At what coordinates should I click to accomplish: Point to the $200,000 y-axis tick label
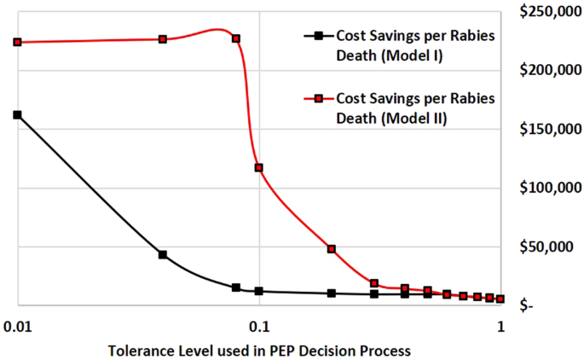pyautogui.click(x=546, y=70)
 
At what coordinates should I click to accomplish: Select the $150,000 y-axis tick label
pyautogui.click(x=546, y=129)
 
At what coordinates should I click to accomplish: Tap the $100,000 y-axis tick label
pyautogui.click(x=546, y=188)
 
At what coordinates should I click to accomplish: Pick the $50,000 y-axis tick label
pyautogui.click(x=549, y=247)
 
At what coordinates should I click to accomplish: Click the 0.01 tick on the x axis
pyautogui.click(x=17, y=327)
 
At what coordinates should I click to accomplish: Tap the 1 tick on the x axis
pyautogui.click(x=501, y=327)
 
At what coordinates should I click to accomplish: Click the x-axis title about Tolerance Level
pyautogui.click(x=259, y=351)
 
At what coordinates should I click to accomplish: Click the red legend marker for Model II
pyautogui.click(x=318, y=99)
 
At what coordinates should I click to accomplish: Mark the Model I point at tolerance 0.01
pyautogui.click(x=17, y=114)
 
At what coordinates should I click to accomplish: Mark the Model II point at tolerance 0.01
pyautogui.click(x=17, y=42)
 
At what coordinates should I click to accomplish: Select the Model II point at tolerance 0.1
pyautogui.click(x=259, y=168)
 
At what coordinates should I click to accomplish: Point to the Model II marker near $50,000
pyautogui.click(x=332, y=249)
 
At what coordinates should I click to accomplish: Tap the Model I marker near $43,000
pyautogui.click(x=163, y=254)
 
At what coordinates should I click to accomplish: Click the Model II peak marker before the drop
pyautogui.click(x=236, y=39)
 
